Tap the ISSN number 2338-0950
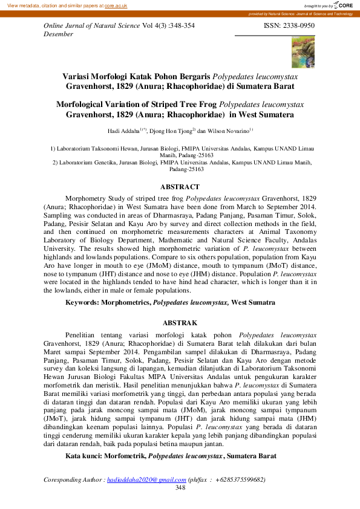coord(298,27)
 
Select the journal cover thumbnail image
coord(303,51)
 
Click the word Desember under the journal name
coord(59,34)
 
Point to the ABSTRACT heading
coord(180,187)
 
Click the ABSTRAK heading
coord(180,323)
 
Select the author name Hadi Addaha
coord(123,131)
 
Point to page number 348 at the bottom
coord(180,487)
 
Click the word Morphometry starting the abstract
coord(88,198)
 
